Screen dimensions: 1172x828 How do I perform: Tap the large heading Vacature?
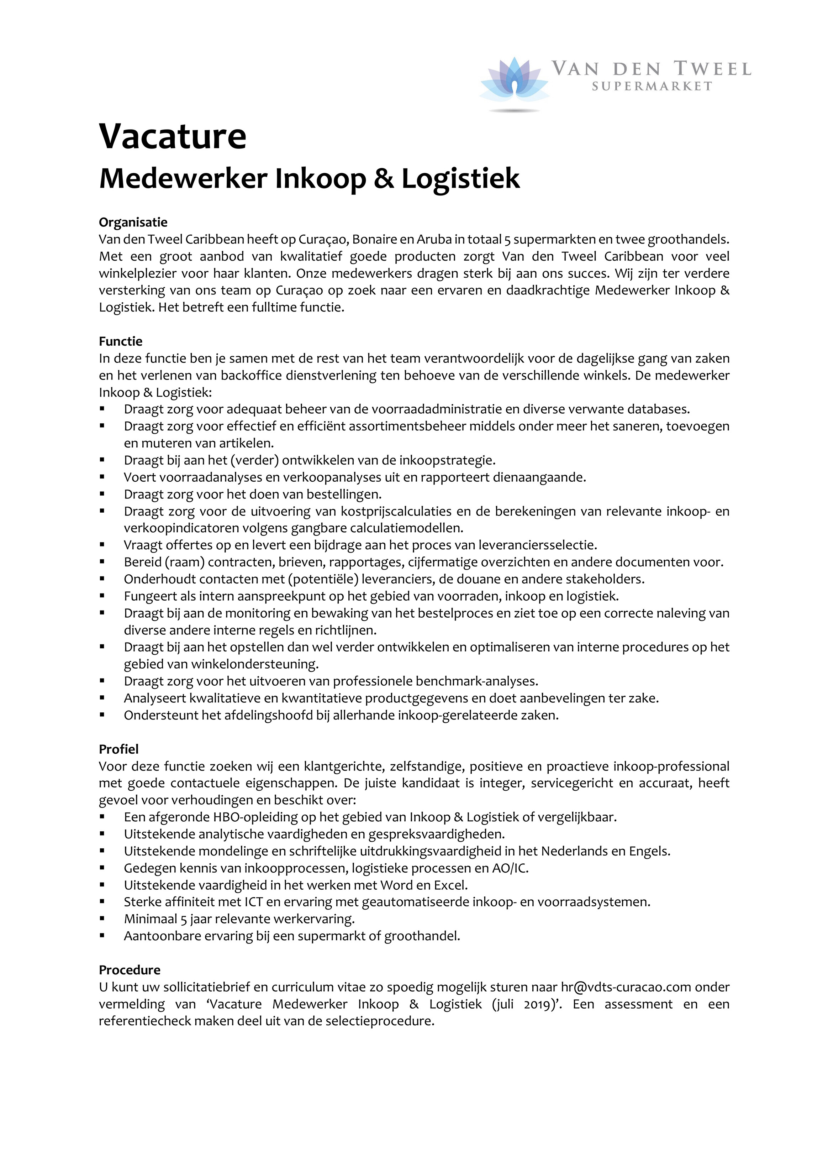173,136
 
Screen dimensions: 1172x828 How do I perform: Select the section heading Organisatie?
133,222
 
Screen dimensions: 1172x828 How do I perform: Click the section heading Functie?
120,341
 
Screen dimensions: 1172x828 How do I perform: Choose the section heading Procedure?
130,970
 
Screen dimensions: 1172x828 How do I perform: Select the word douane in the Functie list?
470,579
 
